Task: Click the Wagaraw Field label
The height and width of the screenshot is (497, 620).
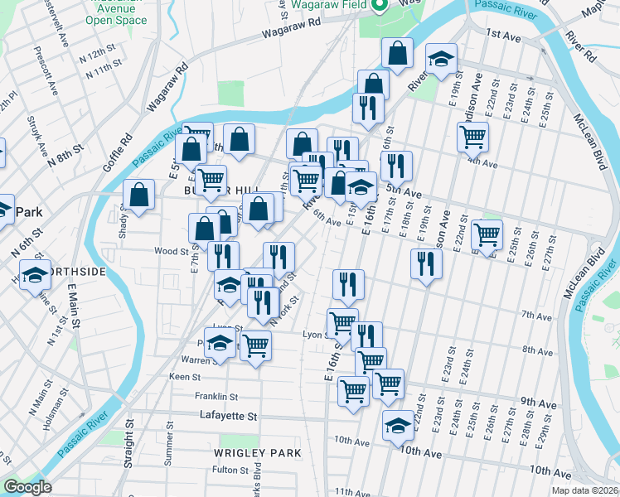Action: coord(329,7)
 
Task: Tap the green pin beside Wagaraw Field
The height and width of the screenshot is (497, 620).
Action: coord(380,7)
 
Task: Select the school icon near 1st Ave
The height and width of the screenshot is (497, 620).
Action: coord(441,59)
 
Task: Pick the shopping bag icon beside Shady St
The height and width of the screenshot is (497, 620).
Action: coord(139,195)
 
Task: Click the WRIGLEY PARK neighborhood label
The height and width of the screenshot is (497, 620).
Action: coord(257,453)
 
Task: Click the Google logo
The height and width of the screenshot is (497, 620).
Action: coord(27,487)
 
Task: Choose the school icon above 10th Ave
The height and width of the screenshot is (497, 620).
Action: coord(398,427)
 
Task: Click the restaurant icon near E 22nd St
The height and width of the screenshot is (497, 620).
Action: coord(426,264)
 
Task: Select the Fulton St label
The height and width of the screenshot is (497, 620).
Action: coord(225,470)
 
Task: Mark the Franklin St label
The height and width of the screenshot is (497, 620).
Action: coord(216,397)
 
